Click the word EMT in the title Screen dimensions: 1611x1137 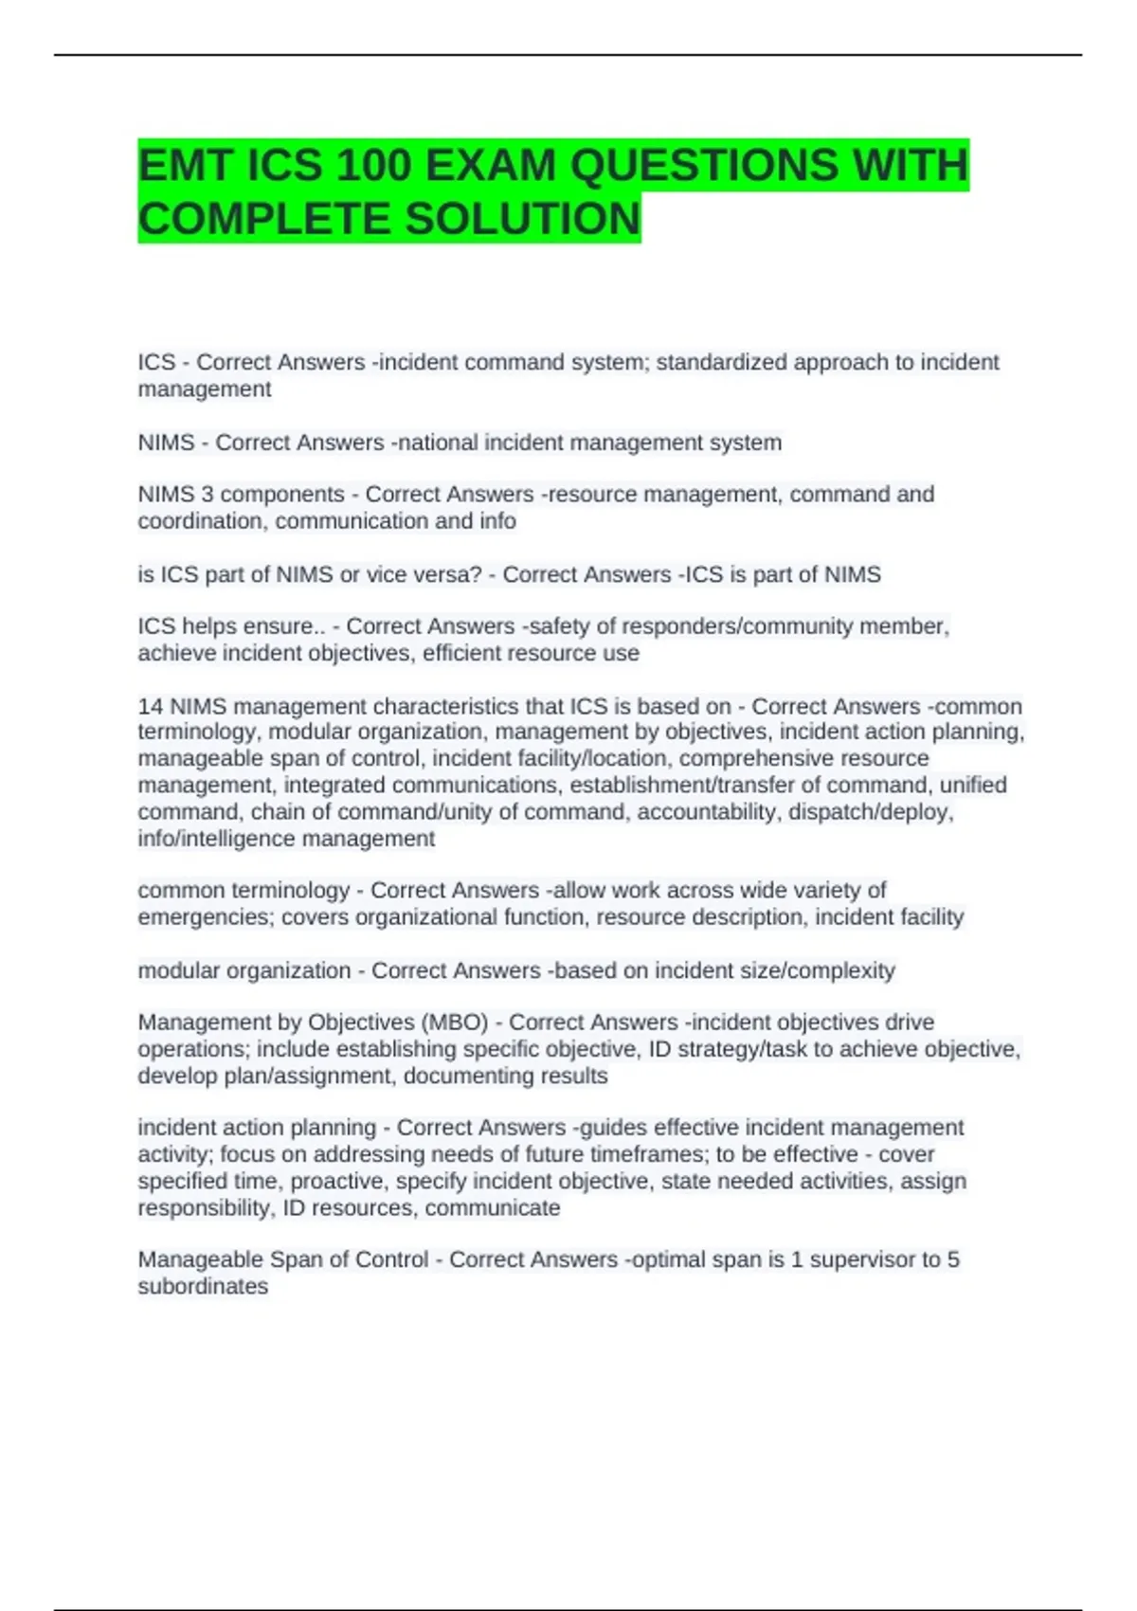185,166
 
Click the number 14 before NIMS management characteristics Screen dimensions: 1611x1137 150,706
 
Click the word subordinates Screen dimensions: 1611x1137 203,1287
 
